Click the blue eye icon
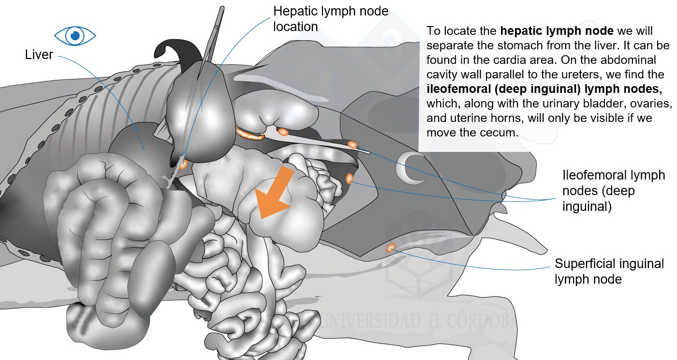(75, 36)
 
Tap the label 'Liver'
(39, 55)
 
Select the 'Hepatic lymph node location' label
(331, 19)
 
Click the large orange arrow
(274, 192)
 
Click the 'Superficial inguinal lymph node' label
(609, 271)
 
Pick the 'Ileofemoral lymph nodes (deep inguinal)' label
(613, 191)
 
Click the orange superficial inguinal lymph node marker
(391, 248)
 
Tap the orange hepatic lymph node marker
(183, 164)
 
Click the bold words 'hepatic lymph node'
(557, 31)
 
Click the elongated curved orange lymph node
(250, 135)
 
